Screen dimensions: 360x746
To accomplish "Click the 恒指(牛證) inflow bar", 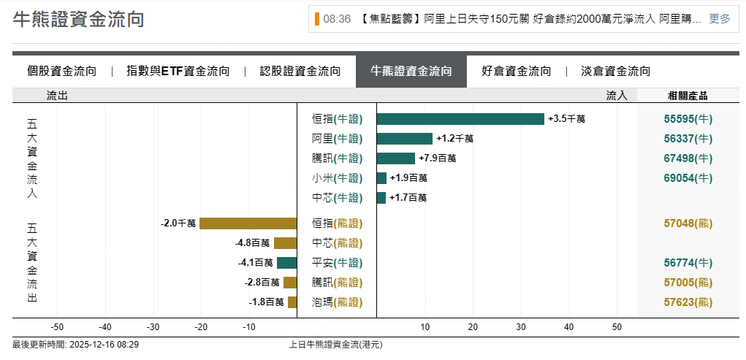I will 460,119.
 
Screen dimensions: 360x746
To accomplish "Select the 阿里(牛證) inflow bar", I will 405,139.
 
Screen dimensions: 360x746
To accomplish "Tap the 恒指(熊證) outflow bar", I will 248,223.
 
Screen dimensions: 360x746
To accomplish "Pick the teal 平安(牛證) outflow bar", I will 286,263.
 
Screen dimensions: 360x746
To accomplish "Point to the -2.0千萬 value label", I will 178,223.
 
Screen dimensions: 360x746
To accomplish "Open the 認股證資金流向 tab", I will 300,71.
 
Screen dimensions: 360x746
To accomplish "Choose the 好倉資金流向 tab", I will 517,71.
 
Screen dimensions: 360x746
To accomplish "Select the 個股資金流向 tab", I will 62,71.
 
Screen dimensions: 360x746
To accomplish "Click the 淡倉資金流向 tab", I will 615,71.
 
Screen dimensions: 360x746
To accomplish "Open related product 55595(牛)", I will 688,119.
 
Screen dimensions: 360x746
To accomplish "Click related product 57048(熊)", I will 688,223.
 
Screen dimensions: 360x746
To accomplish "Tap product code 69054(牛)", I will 688,178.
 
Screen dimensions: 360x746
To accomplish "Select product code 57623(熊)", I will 688,302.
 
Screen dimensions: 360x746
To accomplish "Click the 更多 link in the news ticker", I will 720,19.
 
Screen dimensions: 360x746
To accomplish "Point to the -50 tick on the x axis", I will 58,326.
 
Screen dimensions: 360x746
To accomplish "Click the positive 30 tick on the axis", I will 521,326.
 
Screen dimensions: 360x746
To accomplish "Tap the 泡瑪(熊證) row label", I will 337,302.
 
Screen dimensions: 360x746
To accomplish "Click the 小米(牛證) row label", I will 337,178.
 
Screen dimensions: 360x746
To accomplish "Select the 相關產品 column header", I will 688,95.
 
